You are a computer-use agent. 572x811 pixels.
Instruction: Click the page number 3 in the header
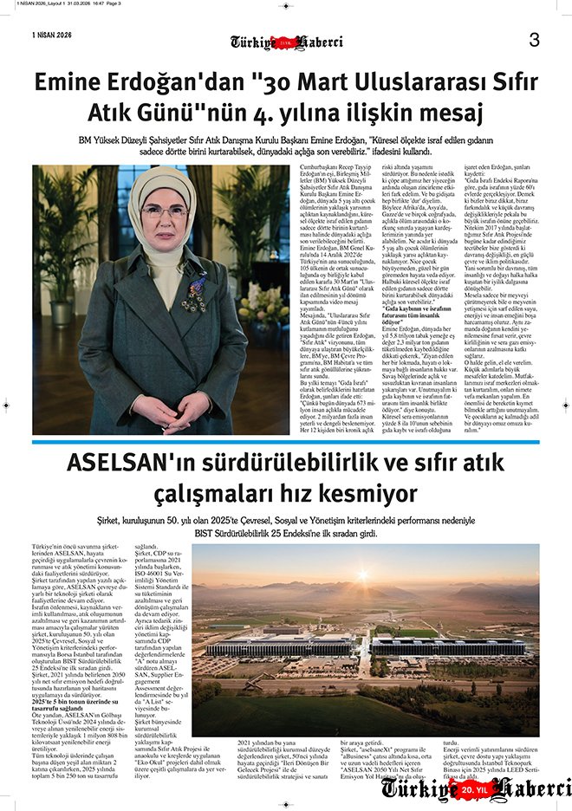534,40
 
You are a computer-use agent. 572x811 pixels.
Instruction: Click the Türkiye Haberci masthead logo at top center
286,41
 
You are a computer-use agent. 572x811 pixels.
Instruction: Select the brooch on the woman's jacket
194,294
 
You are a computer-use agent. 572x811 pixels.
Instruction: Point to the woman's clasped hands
164,408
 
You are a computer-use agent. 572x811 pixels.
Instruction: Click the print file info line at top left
61,4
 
